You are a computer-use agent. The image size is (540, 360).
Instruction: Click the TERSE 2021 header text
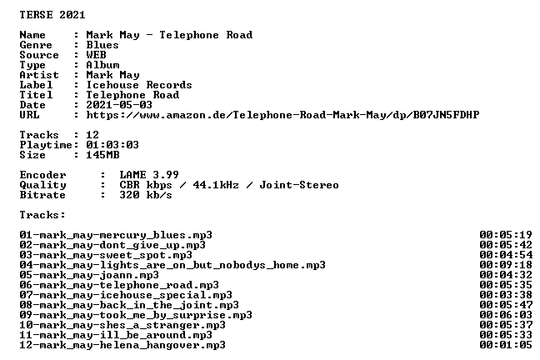[x=52, y=15]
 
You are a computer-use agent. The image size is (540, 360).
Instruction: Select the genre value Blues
[x=102, y=45]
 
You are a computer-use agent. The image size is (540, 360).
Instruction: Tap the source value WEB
[x=96, y=55]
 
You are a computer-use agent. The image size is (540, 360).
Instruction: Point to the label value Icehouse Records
[x=139, y=85]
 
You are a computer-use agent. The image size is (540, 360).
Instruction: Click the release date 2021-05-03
[x=119, y=105]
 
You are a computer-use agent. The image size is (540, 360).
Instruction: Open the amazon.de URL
[x=282, y=115]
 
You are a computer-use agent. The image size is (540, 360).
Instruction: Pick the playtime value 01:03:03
[x=112, y=145]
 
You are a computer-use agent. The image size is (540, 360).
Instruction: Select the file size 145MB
[x=102, y=155]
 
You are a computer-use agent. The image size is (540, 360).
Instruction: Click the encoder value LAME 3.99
[x=149, y=175]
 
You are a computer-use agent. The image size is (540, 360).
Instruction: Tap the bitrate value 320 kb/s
[x=146, y=195]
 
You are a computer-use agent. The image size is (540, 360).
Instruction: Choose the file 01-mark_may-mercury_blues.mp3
[x=116, y=235]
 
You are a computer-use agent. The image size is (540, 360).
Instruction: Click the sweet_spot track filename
[x=106, y=255]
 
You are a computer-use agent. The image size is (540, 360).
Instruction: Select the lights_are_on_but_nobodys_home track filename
[x=172, y=265]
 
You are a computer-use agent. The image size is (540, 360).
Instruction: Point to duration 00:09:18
[x=506, y=265]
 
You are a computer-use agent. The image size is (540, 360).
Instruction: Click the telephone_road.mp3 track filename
[x=119, y=285]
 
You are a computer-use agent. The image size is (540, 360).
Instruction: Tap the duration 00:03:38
[x=506, y=295]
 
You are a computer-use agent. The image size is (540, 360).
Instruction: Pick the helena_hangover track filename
[x=122, y=345]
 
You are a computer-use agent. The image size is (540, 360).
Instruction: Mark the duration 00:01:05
[x=506, y=345]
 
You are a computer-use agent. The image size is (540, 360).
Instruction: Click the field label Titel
[x=36, y=95]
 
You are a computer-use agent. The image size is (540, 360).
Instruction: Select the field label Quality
[x=42, y=185]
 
